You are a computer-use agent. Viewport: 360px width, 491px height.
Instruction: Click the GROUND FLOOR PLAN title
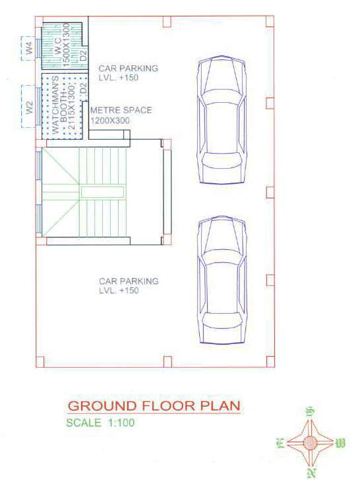[x=154, y=406]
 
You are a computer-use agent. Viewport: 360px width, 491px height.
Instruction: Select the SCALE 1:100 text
[x=100, y=422]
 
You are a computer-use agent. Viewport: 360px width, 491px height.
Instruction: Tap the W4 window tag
[x=29, y=48]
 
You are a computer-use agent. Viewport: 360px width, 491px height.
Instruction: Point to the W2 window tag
[x=29, y=107]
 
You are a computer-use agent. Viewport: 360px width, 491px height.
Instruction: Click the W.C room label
[x=58, y=46]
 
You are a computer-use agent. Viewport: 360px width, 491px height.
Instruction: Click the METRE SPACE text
[x=121, y=110]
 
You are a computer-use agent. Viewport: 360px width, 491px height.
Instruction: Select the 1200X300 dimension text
[x=110, y=121]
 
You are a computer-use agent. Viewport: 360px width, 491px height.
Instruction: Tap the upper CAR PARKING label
[x=129, y=69]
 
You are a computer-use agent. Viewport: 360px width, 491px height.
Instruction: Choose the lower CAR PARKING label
[x=129, y=281]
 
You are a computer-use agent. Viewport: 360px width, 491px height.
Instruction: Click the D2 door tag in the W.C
[x=83, y=55]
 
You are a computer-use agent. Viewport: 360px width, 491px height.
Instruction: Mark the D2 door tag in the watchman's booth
[x=83, y=88]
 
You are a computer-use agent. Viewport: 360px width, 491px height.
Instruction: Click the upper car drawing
[x=222, y=119]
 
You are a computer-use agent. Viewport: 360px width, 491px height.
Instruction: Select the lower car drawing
[x=222, y=280]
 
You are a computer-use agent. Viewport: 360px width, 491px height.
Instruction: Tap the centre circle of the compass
[x=310, y=443]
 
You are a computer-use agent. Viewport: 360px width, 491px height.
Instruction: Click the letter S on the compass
[x=310, y=411]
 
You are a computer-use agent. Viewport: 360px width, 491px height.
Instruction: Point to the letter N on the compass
[x=311, y=473]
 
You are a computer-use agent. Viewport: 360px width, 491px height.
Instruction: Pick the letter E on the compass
[x=279, y=443]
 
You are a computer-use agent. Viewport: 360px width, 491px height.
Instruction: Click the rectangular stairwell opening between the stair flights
[x=102, y=192]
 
